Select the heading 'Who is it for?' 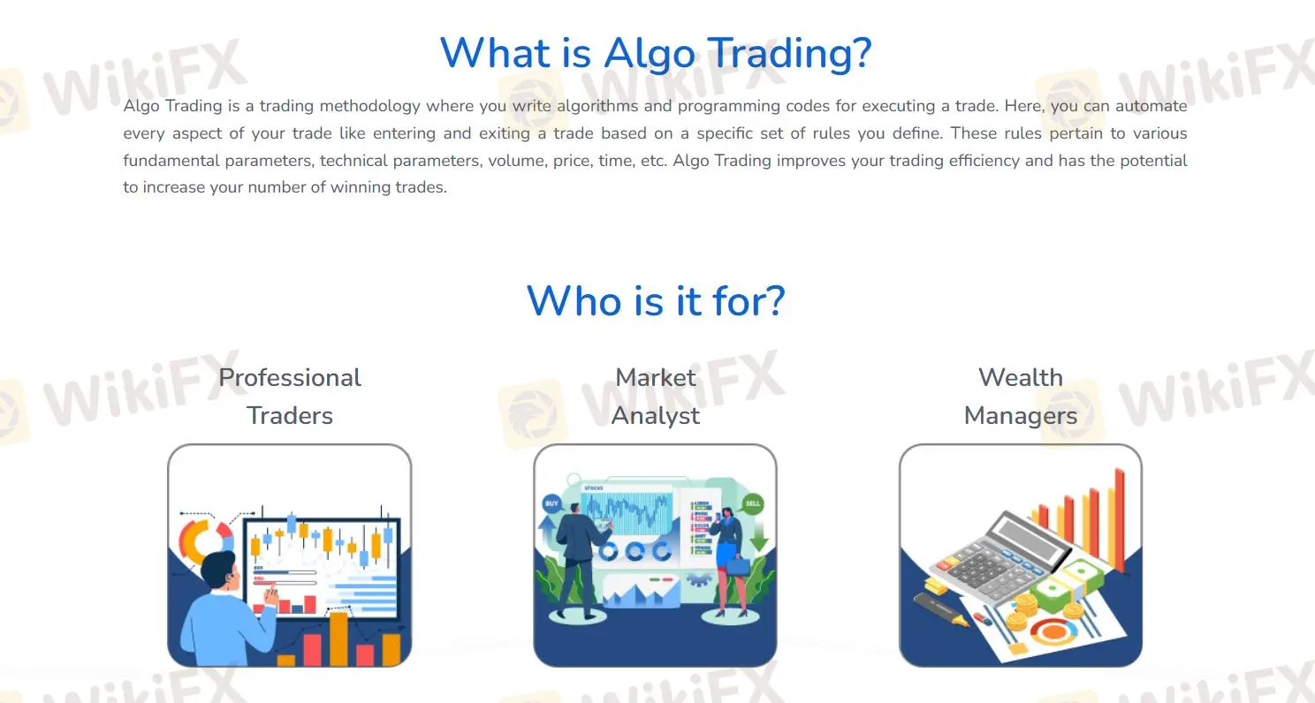point(656,301)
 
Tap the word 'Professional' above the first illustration point(290,378)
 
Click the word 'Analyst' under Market point(656,416)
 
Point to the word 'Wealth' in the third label point(1021,378)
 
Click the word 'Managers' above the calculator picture point(1021,416)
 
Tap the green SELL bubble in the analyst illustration point(753,504)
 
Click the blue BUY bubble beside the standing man point(552,505)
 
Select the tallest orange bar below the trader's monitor point(338,638)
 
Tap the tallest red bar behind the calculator point(1120,508)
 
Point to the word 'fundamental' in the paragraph point(164,161)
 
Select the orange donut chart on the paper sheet point(1053,631)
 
